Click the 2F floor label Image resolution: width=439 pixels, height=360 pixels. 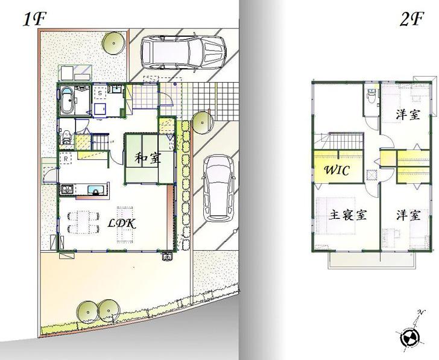tap(412, 19)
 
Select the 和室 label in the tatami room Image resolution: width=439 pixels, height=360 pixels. tap(147, 159)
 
